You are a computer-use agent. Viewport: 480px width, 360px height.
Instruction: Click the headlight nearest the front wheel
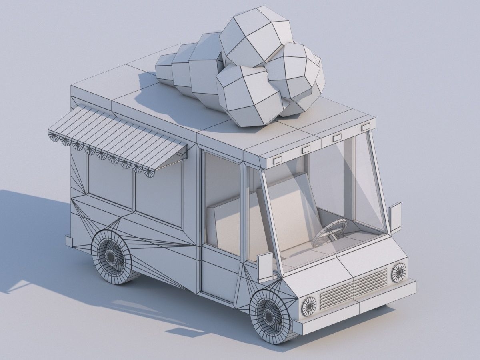308,306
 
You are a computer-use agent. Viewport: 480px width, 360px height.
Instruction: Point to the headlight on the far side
398,272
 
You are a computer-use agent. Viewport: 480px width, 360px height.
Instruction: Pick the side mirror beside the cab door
265,266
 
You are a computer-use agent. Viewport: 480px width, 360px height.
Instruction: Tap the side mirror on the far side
395,218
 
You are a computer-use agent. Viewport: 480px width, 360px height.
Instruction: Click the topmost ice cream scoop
256,40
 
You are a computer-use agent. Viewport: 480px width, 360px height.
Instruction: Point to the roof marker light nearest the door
277,161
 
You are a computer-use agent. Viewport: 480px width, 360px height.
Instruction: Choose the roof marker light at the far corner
365,128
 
